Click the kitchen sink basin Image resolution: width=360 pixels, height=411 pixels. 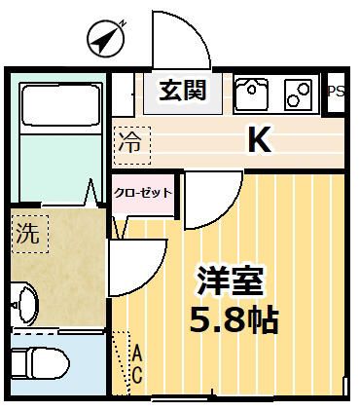(x=252, y=93)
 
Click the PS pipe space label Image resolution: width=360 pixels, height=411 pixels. (x=337, y=92)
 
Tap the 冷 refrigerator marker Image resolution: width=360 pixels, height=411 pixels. (x=130, y=142)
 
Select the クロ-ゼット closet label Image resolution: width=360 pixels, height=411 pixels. (x=143, y=192)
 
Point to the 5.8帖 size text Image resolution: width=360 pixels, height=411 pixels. (x=234, y=319)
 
